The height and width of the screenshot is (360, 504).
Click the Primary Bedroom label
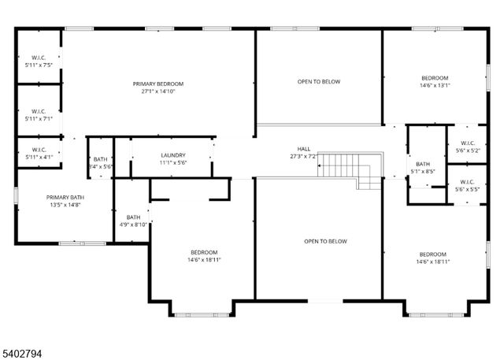[157, 84]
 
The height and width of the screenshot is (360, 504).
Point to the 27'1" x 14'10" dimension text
[157, 91]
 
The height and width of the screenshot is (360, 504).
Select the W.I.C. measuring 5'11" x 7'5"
[39, 61]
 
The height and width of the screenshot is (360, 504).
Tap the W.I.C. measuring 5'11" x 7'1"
[39, 115]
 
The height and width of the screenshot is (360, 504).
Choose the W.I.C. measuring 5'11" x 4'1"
[39, 153]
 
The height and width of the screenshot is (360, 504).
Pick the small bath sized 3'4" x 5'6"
[101, 163]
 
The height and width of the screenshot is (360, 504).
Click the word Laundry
[172, 155]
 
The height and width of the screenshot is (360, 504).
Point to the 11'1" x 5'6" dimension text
[172, 162]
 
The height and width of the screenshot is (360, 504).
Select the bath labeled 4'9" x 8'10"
[133, 221]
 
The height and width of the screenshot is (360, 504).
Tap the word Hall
[303, 148]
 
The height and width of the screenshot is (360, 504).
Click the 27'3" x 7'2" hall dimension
[303, 156]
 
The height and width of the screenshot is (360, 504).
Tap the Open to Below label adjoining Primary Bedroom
[319, 81]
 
